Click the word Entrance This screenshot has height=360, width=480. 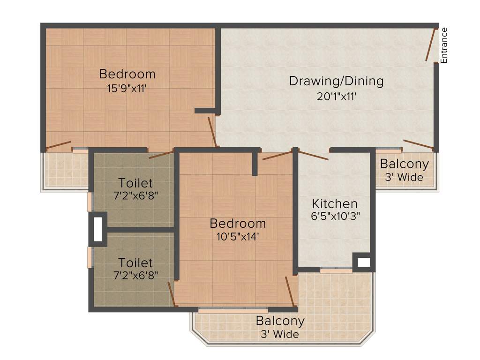(x=444, y=45)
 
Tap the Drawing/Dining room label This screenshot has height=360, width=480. (x=336, y=81)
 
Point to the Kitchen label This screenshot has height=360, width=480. (x=335, y=204)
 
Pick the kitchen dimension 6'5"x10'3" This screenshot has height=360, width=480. (x=335, y=217)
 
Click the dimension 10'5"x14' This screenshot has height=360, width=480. (x=238, y=237)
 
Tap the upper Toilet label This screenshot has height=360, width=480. (x=135, y=183)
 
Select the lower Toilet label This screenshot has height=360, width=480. (x=135, y=262)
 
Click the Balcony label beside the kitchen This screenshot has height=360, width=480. (x=404, y=164)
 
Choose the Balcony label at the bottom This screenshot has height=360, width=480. (x=280, y=321)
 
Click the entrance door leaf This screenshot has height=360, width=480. (x=431, y=45)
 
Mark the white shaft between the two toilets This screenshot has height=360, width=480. (x=97, y=229)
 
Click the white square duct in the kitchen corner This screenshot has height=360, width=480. (x=364, y=262)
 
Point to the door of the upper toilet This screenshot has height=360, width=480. (x=161, y=155)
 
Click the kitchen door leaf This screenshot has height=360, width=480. (x=313, y=156)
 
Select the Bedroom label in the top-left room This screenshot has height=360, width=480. (x=127, y=74)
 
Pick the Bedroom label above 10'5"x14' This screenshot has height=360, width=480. (x=238, y=223)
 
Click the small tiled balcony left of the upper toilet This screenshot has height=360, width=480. (x=66, y=170)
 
